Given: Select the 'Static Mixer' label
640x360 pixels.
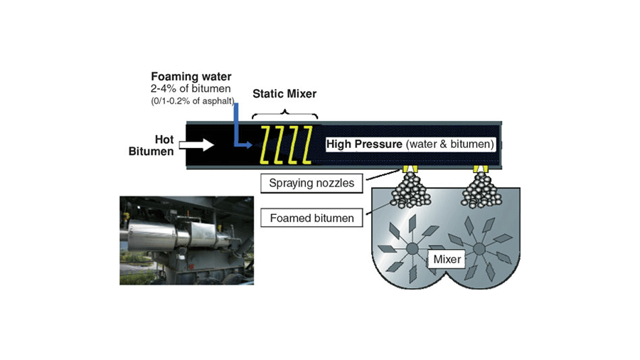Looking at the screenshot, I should pyautogui.click(x=284, y=94).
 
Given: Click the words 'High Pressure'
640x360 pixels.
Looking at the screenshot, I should pyautogui.click(x=363, y=144).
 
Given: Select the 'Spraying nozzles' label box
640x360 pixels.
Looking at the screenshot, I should pyautogui.click(x=311, y=184).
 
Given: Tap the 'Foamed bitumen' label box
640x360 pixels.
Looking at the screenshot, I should pyautogui.click(x=311, y=218).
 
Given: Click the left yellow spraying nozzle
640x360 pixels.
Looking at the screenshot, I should pyautogui.click(x=409, y=170).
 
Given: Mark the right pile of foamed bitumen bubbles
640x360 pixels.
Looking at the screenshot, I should pyautogui.click(x=478, y=191).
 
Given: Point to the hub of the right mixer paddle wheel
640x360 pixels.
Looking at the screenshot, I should pyautogui.click(x=479, y=249).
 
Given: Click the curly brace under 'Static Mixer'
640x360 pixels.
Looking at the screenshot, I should pyautogui.click(x=284, y=113).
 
